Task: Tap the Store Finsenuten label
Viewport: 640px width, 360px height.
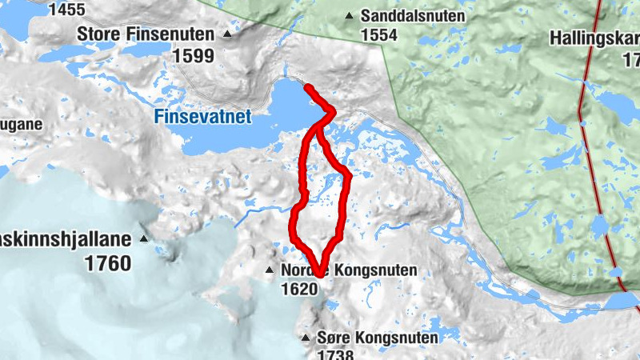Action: (146, 34)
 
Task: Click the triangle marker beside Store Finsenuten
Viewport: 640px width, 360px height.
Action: (228, 34)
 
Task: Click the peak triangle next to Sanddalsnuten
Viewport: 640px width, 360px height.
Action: (349, 16)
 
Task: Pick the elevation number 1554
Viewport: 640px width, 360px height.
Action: (380, 35)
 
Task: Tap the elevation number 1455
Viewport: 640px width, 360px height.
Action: (67, 10)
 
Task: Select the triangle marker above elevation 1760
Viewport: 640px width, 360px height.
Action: (144, 238)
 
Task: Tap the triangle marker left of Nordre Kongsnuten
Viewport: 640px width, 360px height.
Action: (270, 271)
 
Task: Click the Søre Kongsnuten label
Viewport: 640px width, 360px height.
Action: (378, 338)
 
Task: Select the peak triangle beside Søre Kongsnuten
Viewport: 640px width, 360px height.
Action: (305, 338)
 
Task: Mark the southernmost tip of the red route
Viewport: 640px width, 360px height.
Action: (318, 274)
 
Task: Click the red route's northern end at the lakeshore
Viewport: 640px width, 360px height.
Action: (307, 85)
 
